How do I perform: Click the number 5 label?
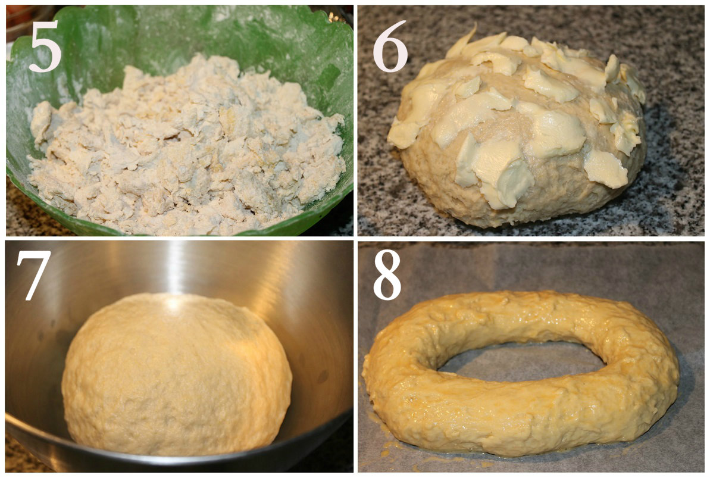click(45, 46)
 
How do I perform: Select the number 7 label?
click(33, 276)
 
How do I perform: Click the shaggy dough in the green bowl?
click(186, 145)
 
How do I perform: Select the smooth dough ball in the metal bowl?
click(177, 374)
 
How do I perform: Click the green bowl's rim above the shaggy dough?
click(181, 18)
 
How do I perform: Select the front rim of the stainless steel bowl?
click(181, 460)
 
